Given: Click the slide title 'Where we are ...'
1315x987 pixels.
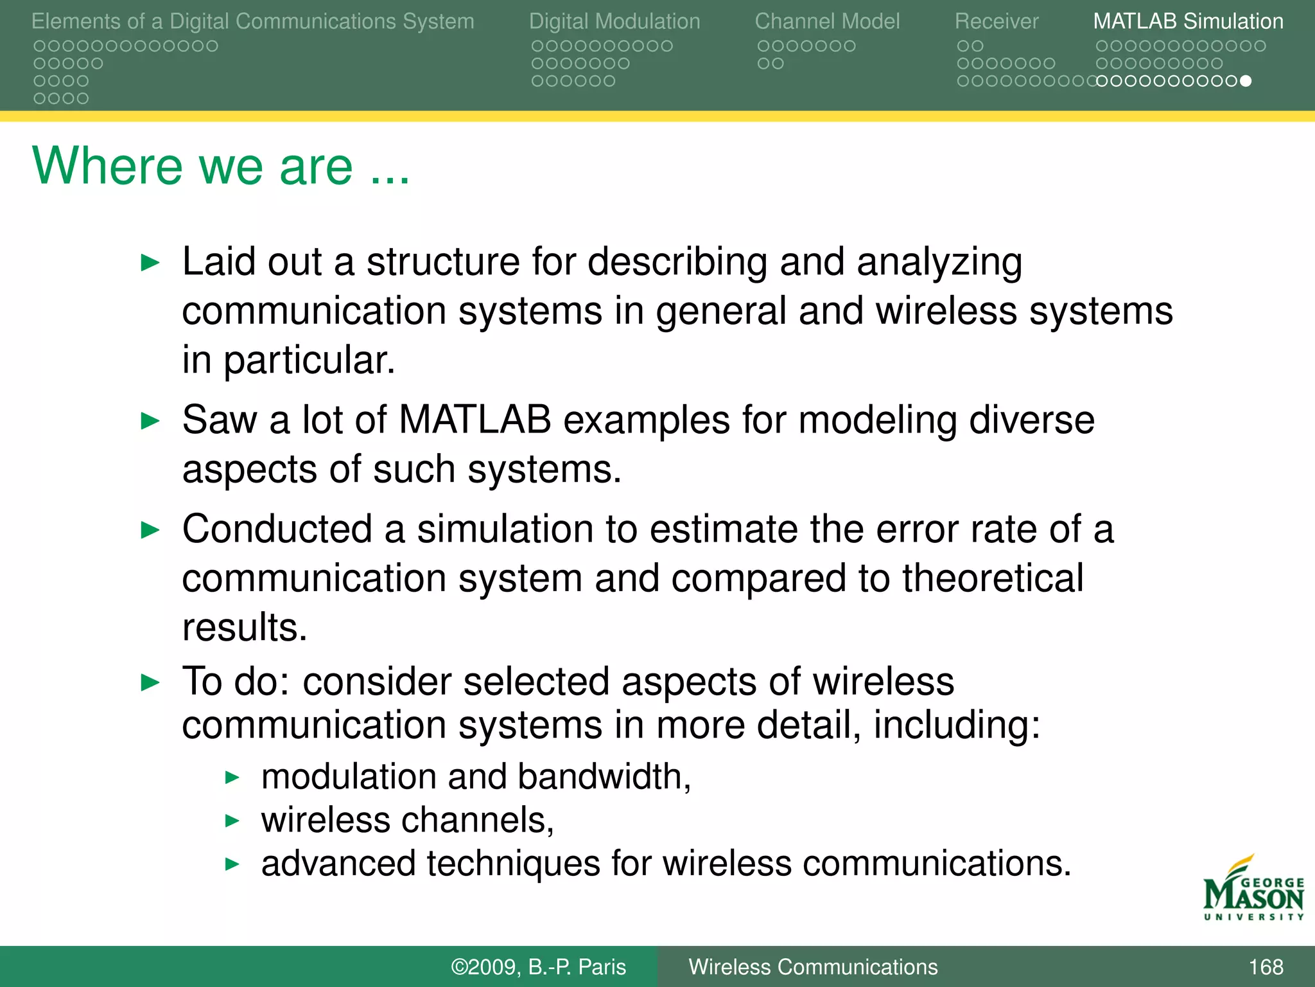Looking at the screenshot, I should coord(220,166).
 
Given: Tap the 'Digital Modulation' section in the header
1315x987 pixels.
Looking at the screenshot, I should coord(614,21).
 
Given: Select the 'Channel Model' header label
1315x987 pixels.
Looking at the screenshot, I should coord(827,21).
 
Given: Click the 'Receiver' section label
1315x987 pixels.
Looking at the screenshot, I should coord(996,21).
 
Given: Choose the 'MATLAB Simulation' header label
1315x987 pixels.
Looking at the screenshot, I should coord(1188,21).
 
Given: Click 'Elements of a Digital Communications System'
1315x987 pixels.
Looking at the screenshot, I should coord(252,21).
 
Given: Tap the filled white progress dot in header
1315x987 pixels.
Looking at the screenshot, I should coord(1246,81).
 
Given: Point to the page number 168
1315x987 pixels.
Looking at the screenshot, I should coord(1266,966).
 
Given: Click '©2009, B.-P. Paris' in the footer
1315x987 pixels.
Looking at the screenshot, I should coord(538,966).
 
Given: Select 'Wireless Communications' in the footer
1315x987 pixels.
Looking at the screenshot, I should coord(813,966).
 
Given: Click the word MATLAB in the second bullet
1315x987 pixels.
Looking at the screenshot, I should coord(475,420).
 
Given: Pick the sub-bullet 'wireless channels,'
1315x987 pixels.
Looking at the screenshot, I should coord(407,820).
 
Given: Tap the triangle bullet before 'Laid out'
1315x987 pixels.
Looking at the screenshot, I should coord(150,262).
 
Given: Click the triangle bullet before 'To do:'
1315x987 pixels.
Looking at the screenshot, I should coord(150,682).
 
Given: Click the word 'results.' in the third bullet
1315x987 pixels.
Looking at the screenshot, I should coord(245,627).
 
